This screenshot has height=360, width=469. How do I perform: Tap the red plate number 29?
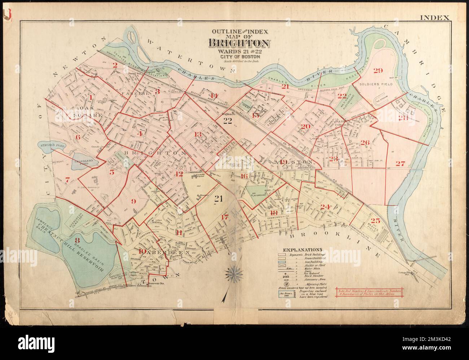point(378,70)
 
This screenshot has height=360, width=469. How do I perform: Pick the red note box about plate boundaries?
point(367,293)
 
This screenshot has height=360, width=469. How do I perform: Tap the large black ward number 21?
point(218,198)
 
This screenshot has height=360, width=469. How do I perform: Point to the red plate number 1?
point(91,97)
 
